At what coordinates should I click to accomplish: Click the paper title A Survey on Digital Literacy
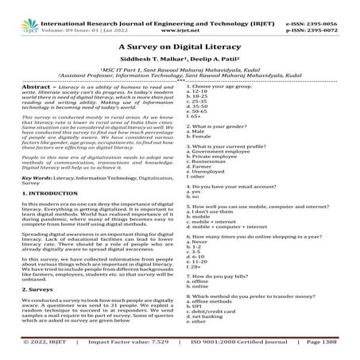click(x=180, y=47)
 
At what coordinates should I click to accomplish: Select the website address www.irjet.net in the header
click(x=180, y=14)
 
